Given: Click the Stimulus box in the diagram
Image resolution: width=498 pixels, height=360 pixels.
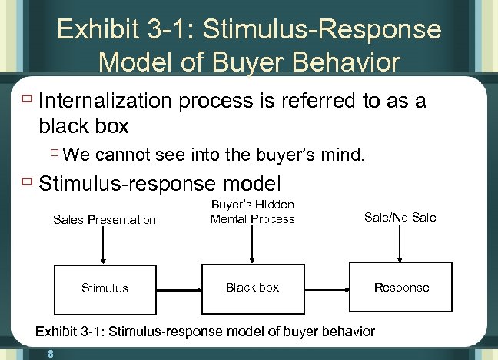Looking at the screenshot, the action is (x=105, y=288).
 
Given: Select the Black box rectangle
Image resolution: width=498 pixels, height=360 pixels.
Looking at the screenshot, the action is (x=252, y=287).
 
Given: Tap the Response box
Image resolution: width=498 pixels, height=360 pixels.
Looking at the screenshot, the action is (x=401, y=287).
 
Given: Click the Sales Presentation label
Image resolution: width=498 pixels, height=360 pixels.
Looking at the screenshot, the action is (x=105, y=220).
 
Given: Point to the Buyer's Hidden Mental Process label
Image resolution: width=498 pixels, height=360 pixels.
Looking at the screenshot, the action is (x=252, y=212).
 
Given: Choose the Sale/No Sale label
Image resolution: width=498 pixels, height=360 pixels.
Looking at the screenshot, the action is (x=400, y=218).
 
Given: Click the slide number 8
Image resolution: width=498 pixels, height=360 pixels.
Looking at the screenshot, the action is (x=49, y=354).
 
